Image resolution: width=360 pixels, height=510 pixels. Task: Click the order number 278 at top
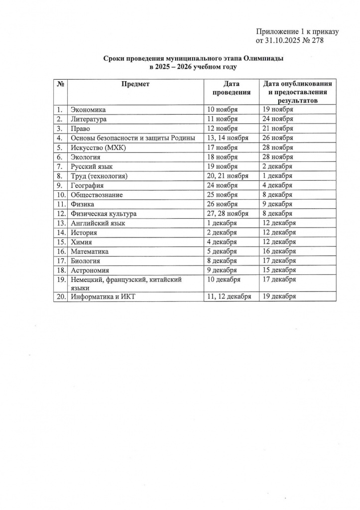(x=317, y=40)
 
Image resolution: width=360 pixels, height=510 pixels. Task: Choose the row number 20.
(x=61, y=297)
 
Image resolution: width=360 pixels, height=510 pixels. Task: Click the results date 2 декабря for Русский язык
(x=277, y=166)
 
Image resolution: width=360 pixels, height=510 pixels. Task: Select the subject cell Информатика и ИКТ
(x=103, y=297)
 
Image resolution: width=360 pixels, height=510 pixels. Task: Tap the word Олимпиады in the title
(x=263, y=58)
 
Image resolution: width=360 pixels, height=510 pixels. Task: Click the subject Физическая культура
(x=104, y=214)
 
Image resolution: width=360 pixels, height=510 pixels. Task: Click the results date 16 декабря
(x=279, y=252)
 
